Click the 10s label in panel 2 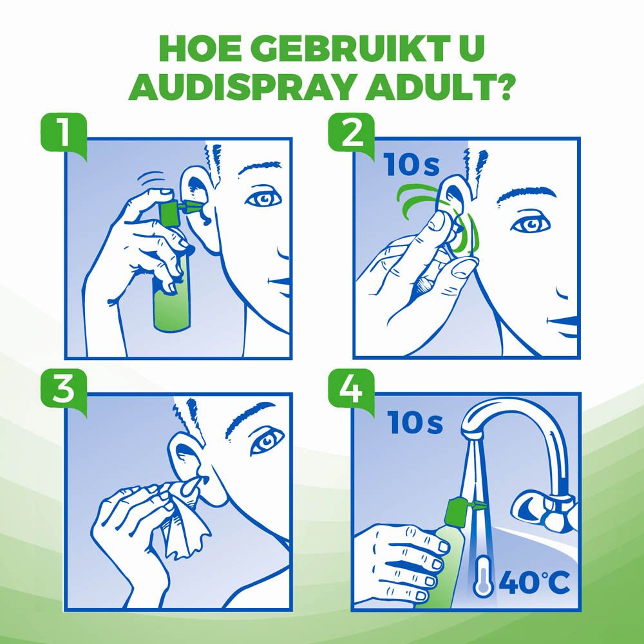412,165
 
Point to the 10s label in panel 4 415,423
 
